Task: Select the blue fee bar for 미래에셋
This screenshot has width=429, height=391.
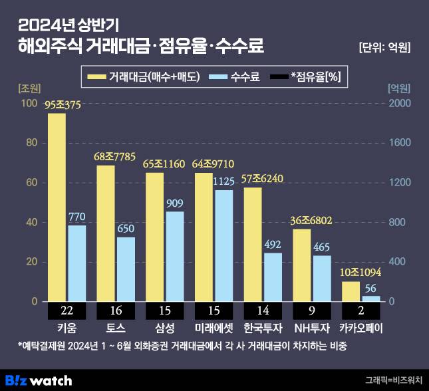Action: tap(223, 246)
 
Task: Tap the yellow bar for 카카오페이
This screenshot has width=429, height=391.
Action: tap(350, 291)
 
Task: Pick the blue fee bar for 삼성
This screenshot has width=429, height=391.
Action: tap(175, 257)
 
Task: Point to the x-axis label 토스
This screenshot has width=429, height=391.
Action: tap(114, 328)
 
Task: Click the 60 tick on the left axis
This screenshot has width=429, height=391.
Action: tap(29, 183)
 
